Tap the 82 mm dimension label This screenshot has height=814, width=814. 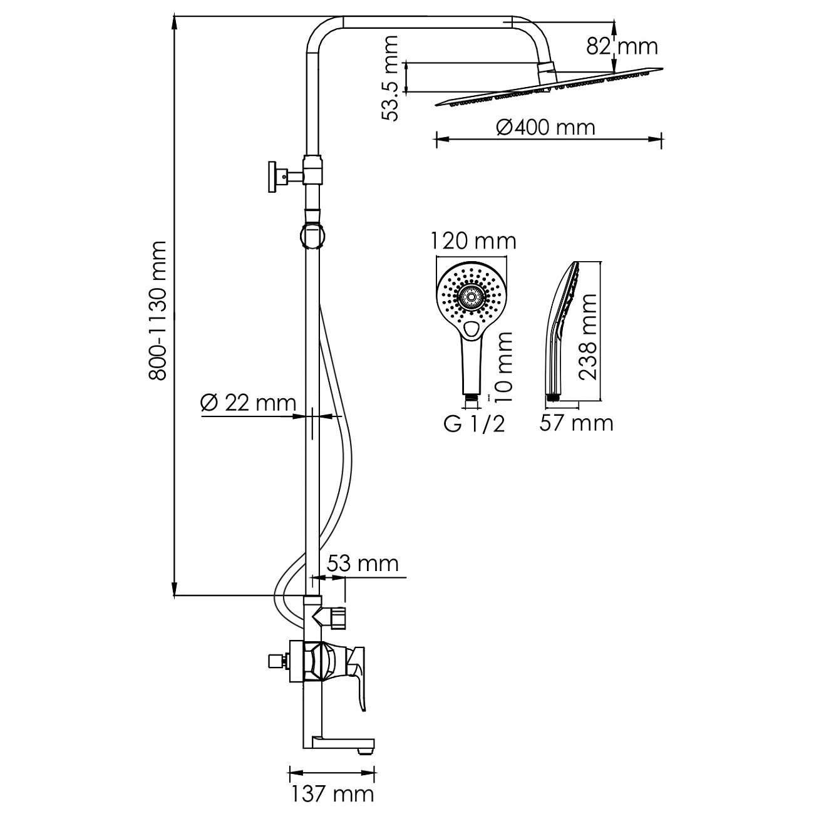pos(622,46)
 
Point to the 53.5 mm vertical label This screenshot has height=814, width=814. pos(389,78)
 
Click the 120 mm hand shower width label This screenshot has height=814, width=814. pos(473,241)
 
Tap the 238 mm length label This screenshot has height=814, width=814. pos(587,337)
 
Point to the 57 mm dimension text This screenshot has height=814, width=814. pos(576,423)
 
